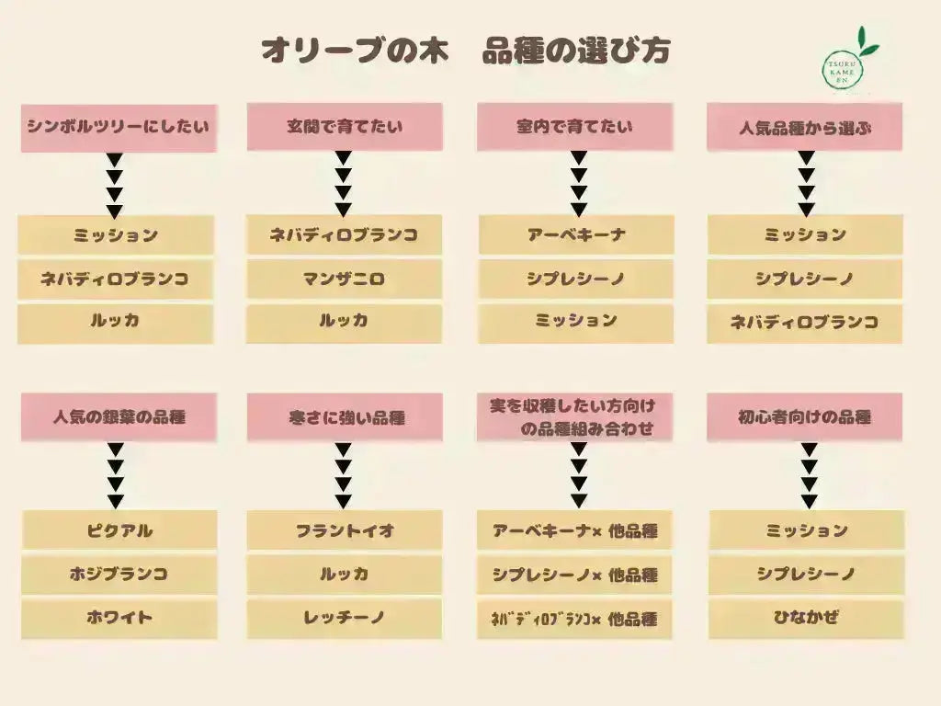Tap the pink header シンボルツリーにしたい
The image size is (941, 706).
[x=119, y=128]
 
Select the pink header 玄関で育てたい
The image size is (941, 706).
[x=345, y=127]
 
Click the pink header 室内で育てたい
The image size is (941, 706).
[x=575, y=127]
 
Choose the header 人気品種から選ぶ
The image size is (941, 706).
[x=805, y=127]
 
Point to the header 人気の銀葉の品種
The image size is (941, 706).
[x=119, y=417]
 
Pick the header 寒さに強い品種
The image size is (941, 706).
[x=345, y=417]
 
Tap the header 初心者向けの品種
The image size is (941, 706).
[x=805, y=417]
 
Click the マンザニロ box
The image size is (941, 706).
[x=344, y=279]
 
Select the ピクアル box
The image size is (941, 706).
[x=119, y=530]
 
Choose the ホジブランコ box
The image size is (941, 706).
[x=119, y=575]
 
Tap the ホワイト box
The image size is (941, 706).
[x=119, y=618]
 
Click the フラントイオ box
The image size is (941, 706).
[x=345, y=530]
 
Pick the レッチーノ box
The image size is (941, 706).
[x=345, y=618]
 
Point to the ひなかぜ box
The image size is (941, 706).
[x=806, y=618]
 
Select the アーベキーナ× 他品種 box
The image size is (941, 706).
[x=575, y=530]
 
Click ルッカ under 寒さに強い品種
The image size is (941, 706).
[x=345, y=575]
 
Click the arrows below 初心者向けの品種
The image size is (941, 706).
[x=809, y=475]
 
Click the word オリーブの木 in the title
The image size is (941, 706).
[x=356, y=51]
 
